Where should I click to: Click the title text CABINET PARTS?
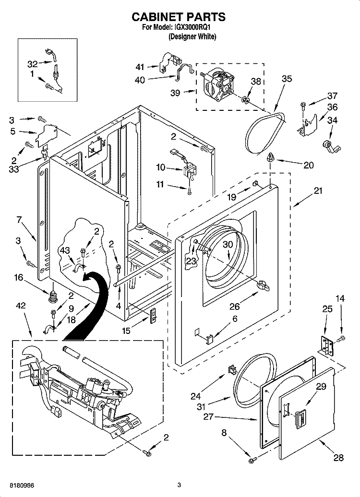point(179,17)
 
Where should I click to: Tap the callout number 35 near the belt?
point(287,79)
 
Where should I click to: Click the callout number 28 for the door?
point(338,458)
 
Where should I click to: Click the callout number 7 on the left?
point(19,220)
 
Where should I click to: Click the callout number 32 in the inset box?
point(32,64)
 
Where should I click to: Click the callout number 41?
point(140,67)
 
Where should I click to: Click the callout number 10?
point(161,167)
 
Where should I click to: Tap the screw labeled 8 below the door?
point(251,460)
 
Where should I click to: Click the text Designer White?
point(192,37)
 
